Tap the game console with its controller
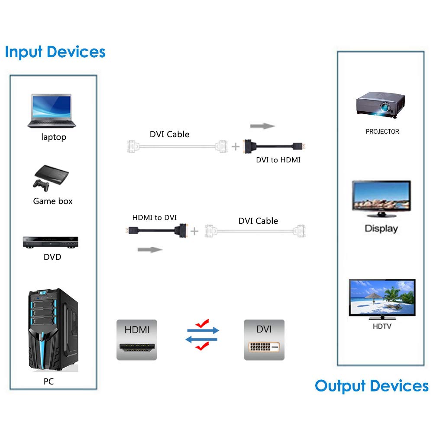(50, 177)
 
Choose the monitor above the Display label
(381, 199)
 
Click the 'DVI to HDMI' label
(278, 160)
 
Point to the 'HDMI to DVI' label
(155, 217)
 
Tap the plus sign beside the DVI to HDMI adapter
(235, 147)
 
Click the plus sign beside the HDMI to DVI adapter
(194, 231)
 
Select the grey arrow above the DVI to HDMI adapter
(262, 126)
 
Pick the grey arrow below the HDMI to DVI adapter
(150, 249)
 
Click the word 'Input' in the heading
(24, 52)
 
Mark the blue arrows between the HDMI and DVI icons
(203, 335)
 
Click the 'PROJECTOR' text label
(382, 132)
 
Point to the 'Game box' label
(53, 201)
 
